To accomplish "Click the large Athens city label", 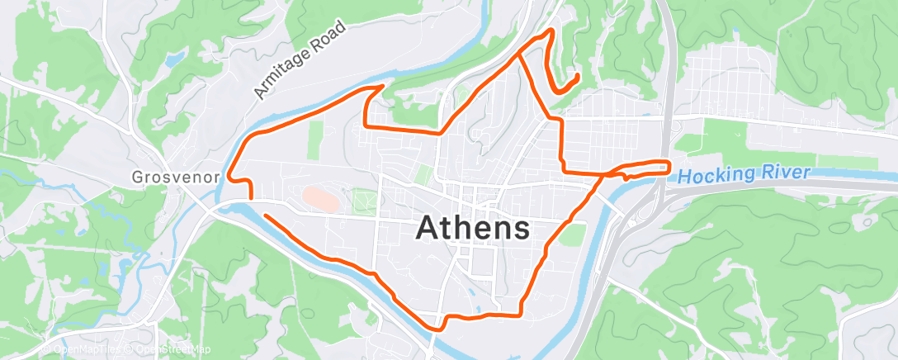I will (x=473, y=227).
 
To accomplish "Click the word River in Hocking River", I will (x=786, y=173).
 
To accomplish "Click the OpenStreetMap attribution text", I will (x=169, y=349).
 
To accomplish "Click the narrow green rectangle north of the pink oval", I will (x=314, y=140).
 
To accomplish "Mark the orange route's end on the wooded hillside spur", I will (x=575, y=77).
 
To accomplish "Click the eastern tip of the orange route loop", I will (x=667, y=166).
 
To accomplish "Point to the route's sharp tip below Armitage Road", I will (x=381, y=86).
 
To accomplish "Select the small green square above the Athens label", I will (x=423, y=174).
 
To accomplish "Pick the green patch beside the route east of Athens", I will (x=572, y=234).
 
